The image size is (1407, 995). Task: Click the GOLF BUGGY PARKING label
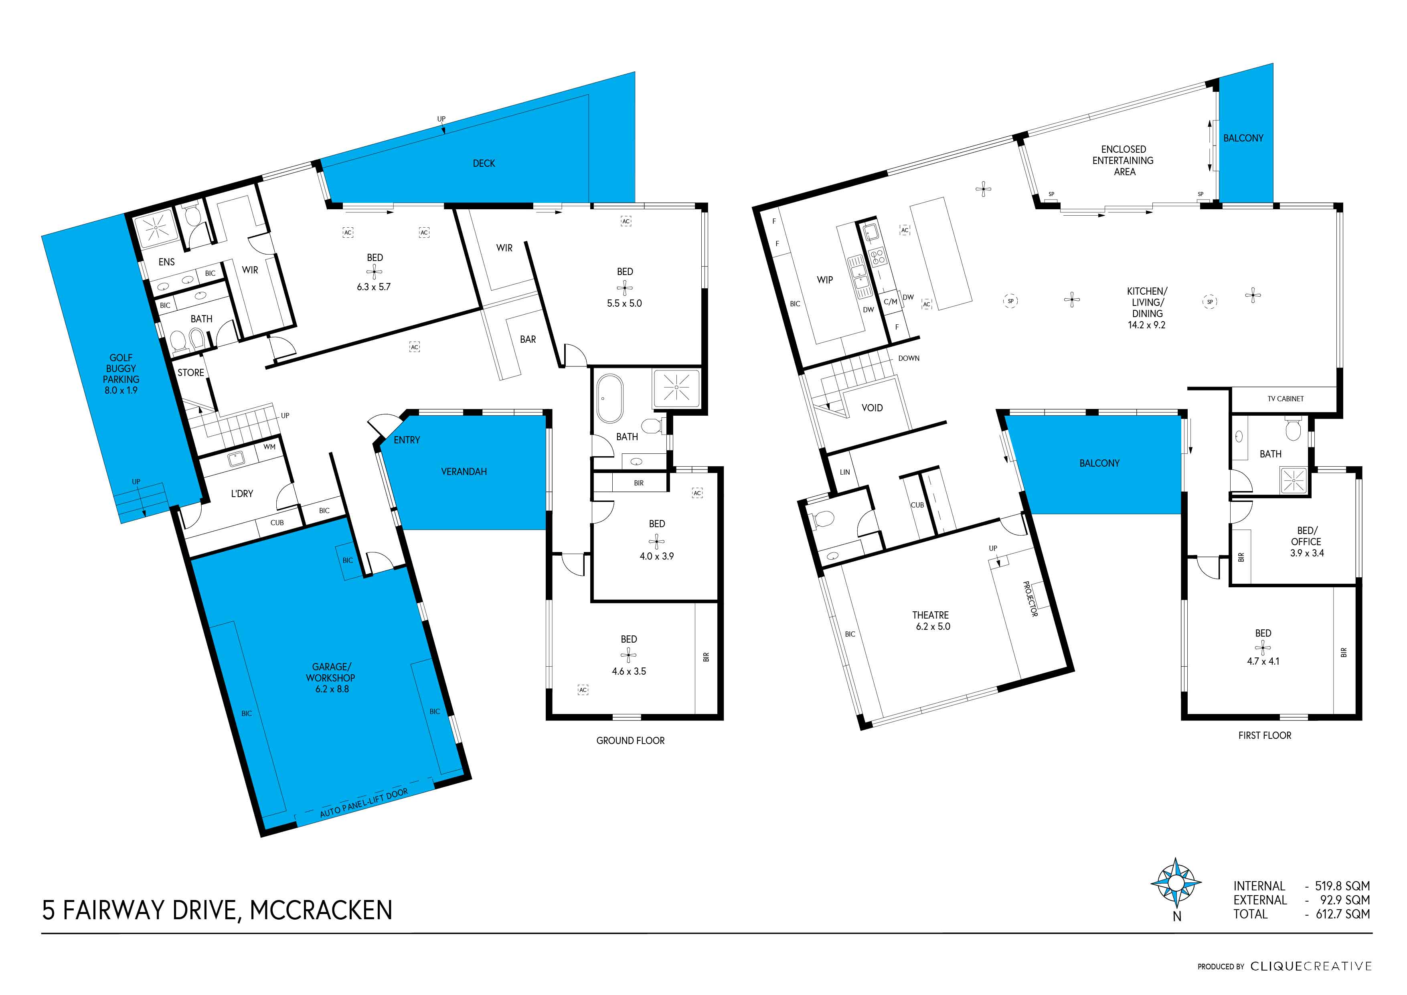point(121,373)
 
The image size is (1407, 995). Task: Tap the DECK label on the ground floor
point(484,164)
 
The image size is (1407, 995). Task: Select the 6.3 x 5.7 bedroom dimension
point(373,287)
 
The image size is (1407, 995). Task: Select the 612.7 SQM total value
point(1342,914)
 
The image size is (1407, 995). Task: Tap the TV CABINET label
point(1285,399)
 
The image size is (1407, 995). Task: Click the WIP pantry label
point(824,280)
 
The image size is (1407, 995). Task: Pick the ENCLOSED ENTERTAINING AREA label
point(1123,160)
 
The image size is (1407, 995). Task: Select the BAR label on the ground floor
point(528,340)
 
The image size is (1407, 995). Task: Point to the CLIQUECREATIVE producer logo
point(1310,966)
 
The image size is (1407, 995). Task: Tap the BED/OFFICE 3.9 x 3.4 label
point(1306,542)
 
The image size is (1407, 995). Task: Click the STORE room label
point(190,372)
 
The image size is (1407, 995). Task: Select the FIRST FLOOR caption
point(1264,735)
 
